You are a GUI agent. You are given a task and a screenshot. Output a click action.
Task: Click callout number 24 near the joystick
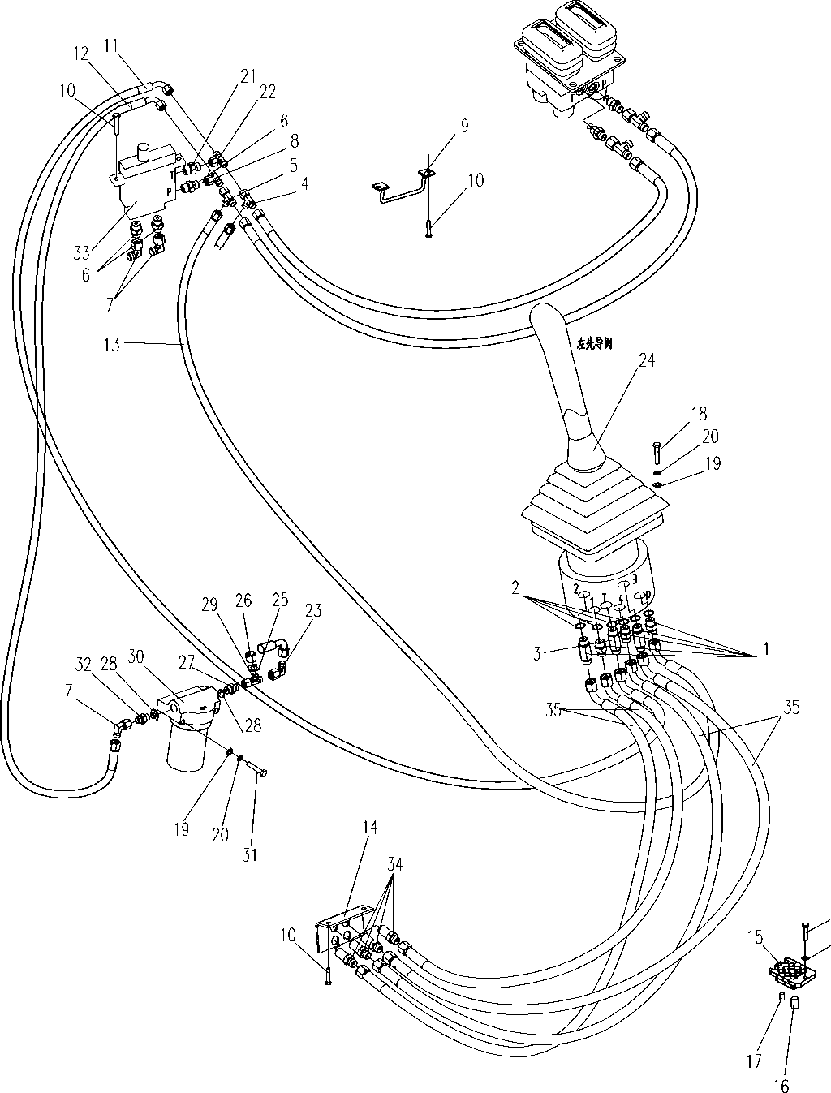point(647,359)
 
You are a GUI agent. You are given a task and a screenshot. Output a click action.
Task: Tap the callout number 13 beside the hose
point(112,345)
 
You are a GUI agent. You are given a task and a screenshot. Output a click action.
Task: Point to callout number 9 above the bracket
point(463,126)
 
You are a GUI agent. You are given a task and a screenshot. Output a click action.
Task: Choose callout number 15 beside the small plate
point(756,937)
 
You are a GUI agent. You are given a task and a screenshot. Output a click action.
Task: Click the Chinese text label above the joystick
point(594,343)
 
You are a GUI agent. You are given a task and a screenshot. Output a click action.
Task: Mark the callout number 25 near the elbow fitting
point(280,601)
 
